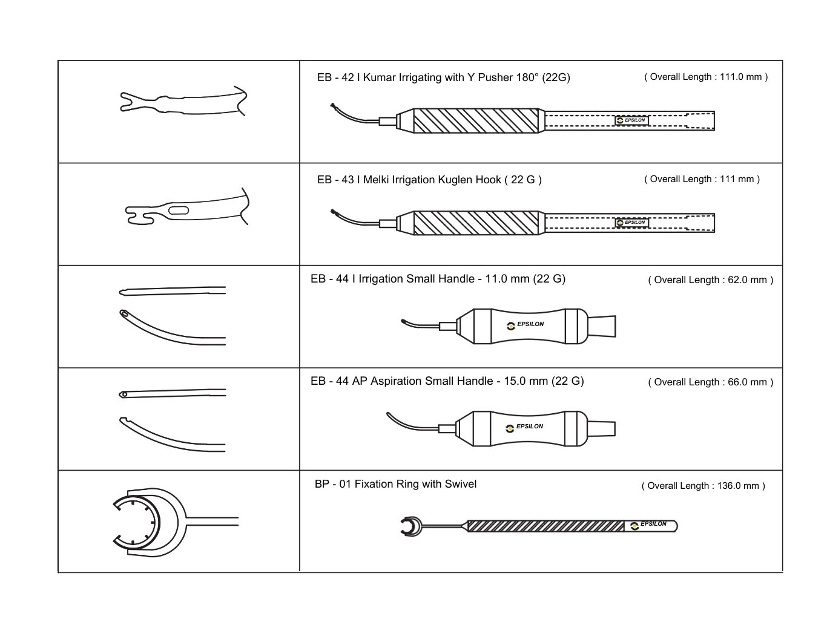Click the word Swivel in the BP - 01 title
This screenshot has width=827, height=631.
pyautogui.click(x=461, y=484)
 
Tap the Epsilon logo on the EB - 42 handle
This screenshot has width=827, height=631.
pyautogui.click(x=631, y=120)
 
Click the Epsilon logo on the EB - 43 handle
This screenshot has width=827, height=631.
pyautogui.click(x=631, y=223)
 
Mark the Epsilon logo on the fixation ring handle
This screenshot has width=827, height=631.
pyautogui.click(x=649, y=525)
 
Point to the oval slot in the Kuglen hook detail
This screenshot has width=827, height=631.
pyautogui.click(x=179, y=211)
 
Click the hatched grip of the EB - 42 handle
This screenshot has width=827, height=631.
pyautogui.click(x=475, y=120)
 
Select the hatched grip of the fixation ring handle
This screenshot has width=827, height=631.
pyautogui.click(x=545, y=526)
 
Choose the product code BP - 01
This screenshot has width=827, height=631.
pyautogui.click(x=332, y=484)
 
